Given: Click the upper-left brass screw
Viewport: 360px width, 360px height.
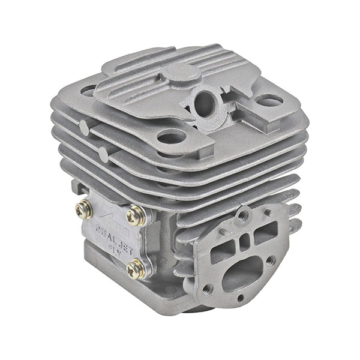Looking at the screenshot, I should [84, 209].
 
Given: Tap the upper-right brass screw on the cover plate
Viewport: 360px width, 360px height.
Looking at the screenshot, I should [136, 215].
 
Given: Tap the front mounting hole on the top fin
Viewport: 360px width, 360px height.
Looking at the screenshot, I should [172, 137].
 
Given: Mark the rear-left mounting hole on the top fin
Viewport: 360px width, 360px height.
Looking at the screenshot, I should [88, 91].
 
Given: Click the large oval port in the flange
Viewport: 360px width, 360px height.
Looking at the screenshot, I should [242, 273].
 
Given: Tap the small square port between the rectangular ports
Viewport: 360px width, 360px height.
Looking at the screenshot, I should [245, 241].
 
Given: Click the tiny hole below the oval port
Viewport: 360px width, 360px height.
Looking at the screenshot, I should [240, 298].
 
